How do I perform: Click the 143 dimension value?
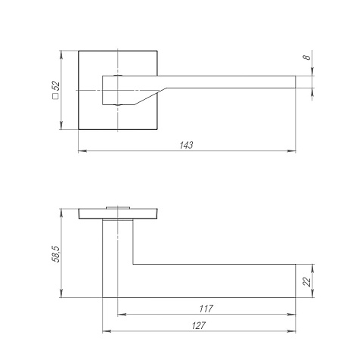(186, 145)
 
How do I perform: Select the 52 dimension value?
(56, 86)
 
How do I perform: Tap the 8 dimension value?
(307, 57)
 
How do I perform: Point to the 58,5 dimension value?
(56, 254)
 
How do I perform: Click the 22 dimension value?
(307, 281)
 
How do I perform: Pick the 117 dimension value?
(206, 309)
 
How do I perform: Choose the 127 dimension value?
(199, 325)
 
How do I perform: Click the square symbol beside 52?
(55, 96)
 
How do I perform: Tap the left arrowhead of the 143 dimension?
(82, 151)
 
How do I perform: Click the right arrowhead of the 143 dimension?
(291, 151)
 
